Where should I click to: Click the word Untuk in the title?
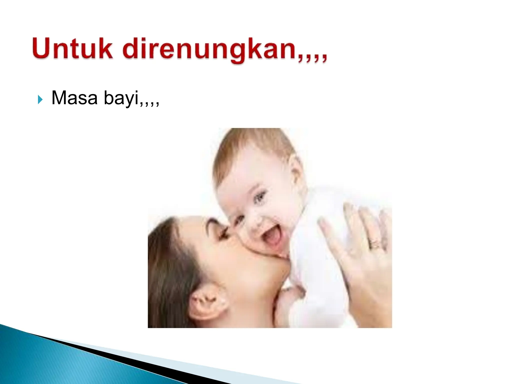[72, 48]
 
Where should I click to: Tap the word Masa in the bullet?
[74, 98]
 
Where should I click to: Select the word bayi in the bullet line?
[121, 98]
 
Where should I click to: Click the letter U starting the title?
[41, 48]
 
